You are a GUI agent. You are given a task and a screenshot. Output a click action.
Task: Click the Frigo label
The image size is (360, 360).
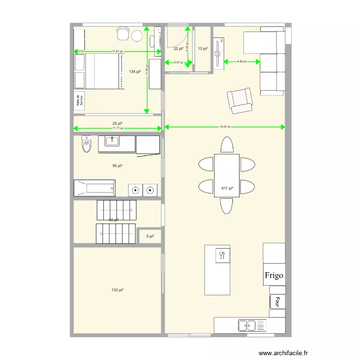(x=274, y=276)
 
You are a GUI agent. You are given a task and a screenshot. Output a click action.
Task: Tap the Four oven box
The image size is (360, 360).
(x=277, y=301)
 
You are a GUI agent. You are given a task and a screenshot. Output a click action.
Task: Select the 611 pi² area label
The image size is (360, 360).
(x=227, y=188)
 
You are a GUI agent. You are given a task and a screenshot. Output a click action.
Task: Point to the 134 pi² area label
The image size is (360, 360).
(x=135, y=72)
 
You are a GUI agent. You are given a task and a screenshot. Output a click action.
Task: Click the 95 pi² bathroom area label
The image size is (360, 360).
(x=117, y=166)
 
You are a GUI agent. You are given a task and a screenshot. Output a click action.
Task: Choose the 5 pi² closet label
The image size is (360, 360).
(x=150, y=236)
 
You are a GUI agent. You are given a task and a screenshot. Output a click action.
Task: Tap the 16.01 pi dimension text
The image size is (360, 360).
(x=225, y=127)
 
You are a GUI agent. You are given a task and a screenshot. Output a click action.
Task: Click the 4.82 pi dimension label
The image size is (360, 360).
(x=241, y=61)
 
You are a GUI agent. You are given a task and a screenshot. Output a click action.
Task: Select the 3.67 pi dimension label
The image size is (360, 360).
(x=178, y=62)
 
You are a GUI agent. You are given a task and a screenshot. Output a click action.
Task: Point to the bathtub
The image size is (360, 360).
(x=95, y=188)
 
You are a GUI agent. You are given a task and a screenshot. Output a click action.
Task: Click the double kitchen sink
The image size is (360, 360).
(x=252, y=325)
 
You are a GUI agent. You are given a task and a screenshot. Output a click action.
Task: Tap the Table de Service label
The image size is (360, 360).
(x=79, y=101)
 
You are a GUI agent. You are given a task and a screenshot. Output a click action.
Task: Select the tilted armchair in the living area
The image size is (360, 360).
(x=240, y=100)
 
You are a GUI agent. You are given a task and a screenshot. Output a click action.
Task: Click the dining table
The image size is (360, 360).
(x=227, y=175)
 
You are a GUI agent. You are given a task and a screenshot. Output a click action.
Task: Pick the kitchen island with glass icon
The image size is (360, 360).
(x=217, y=269)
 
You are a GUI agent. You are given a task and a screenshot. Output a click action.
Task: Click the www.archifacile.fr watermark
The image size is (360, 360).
(x=283, y=353)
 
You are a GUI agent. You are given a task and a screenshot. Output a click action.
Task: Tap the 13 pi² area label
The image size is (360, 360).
(x=203, y=48)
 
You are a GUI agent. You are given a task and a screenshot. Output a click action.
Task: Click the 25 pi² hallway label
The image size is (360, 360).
(x=118, y=123)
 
